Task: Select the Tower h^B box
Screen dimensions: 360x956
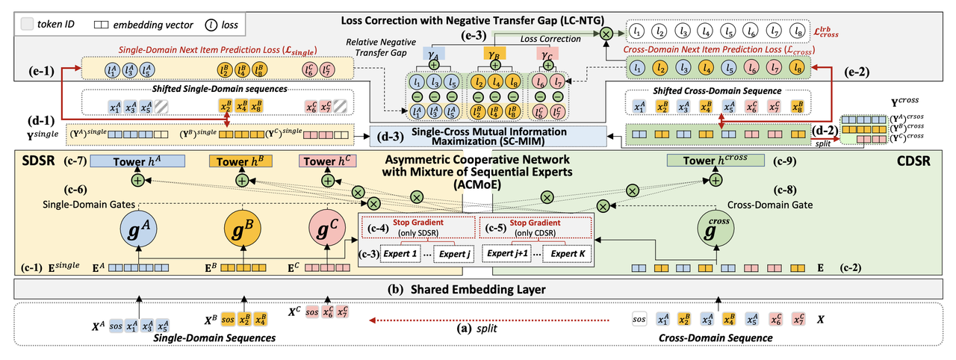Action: point(241,162)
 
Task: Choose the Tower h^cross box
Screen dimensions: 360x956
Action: point(716,161)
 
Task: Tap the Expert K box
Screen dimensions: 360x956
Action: point(567,255)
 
